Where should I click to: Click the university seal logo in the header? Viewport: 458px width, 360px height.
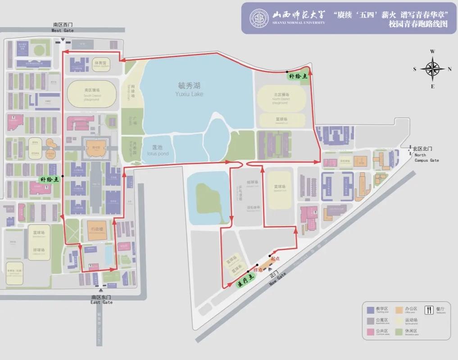258,18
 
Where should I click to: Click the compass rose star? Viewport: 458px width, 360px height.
432,69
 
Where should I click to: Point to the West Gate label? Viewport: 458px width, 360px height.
62,27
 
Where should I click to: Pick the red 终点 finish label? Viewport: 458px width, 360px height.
258,270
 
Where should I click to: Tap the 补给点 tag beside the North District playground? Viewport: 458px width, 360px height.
298,76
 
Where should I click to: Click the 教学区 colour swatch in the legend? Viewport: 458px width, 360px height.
370,309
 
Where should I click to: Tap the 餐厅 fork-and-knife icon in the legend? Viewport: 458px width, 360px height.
428,309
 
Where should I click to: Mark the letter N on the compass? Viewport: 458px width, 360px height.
449,69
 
